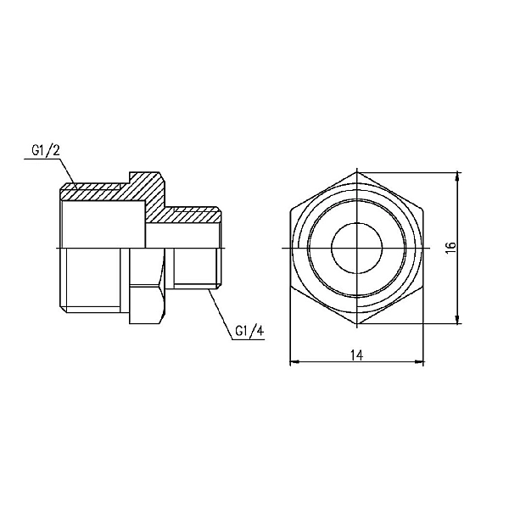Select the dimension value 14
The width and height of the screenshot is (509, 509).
point(356,355)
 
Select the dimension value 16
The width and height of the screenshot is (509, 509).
point(450,246)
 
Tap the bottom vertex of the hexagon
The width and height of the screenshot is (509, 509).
point(357,324)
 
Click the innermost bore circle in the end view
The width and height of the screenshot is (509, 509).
point(357,247)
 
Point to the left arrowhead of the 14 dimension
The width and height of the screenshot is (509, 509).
point(295,362)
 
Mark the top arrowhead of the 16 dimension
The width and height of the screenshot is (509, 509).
point(459,175)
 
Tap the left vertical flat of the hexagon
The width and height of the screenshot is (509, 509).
point(290,247)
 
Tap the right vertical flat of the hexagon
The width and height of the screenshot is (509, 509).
point(423,247)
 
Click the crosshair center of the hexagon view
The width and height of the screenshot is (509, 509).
point(357,247)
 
